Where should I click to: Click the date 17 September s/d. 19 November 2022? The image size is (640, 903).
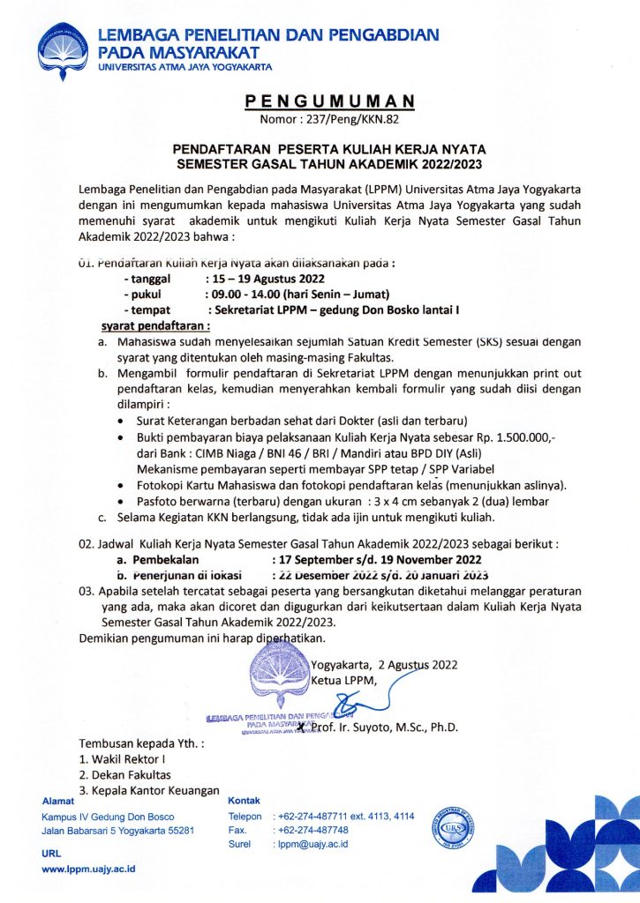tap(378, 559)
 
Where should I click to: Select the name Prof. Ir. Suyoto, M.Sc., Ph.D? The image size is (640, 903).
tap(387, 728)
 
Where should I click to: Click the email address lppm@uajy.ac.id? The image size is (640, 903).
tap(313, 844)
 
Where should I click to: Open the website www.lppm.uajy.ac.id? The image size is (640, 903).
tap(88, 869)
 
